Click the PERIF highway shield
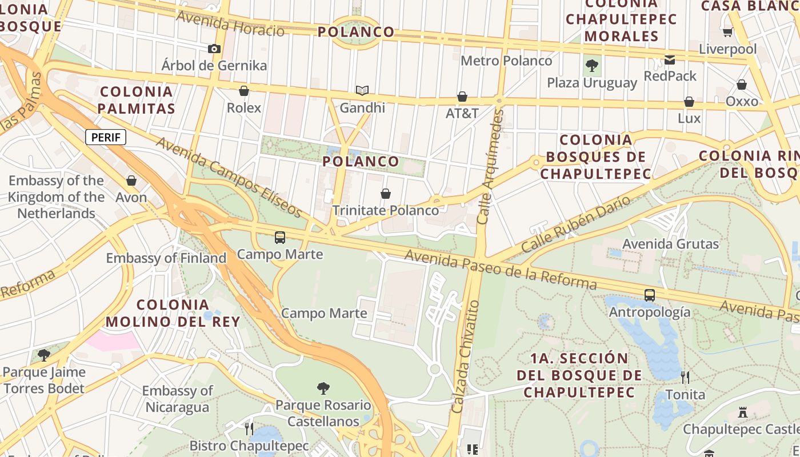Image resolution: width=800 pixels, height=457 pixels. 106,137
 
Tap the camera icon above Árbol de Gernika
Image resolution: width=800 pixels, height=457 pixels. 214,49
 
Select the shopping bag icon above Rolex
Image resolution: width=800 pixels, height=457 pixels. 244,91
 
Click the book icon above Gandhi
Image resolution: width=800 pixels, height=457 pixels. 362,90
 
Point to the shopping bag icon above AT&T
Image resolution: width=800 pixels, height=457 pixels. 462,97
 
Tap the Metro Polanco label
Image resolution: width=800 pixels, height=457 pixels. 506,61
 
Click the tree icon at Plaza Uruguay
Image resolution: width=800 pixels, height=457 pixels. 592,66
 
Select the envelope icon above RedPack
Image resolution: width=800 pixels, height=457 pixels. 670,59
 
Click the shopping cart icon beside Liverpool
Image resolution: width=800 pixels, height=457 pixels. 727,33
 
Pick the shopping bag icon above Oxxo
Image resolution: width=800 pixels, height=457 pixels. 742,85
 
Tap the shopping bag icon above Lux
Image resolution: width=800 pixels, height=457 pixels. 689,102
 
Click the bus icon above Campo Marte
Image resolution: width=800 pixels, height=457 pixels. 280,238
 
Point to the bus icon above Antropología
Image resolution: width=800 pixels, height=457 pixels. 650,295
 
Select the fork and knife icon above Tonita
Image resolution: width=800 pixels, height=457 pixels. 685,377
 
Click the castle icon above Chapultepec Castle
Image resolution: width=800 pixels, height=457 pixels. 743,412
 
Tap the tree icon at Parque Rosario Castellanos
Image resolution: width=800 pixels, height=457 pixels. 323,388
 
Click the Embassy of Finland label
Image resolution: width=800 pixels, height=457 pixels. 166,258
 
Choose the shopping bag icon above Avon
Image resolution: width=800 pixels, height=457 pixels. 131,181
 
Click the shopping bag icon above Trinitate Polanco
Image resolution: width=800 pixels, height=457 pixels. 386,194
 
